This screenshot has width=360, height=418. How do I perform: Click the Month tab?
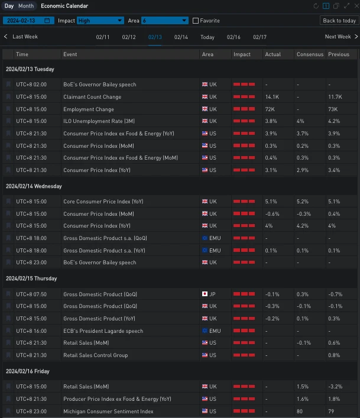click(26, 6)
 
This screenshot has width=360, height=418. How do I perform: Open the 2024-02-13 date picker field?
click(28, 20)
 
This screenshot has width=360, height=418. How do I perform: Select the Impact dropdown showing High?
click(100, 20)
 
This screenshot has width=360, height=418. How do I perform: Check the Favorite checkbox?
click(196, 21)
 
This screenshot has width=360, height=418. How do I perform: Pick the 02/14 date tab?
click(181, 37)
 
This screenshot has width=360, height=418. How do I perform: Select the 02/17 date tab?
click(260, 37)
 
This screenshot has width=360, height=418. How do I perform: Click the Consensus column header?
click(310, 54)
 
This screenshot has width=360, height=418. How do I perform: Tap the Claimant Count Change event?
click(92, 97)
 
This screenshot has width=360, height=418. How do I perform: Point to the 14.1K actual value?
click(272, 97)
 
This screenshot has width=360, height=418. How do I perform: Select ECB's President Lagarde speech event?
click(103, 331)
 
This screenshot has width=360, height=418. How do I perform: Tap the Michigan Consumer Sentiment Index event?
click(108, 411)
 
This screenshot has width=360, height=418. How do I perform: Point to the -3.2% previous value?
click(336, 387)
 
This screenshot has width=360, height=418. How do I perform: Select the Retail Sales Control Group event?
click(95, 355)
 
